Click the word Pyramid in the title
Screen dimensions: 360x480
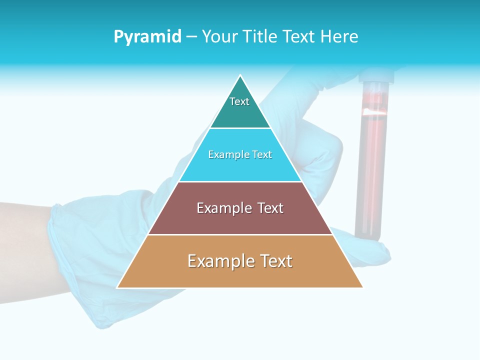(147, 37)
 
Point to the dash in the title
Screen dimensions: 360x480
(191, 37)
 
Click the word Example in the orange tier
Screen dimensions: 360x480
(218, 261)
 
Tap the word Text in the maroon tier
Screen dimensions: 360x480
(269, 208)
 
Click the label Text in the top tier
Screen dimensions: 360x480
(239, 101)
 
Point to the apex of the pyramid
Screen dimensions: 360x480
(240, 76)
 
